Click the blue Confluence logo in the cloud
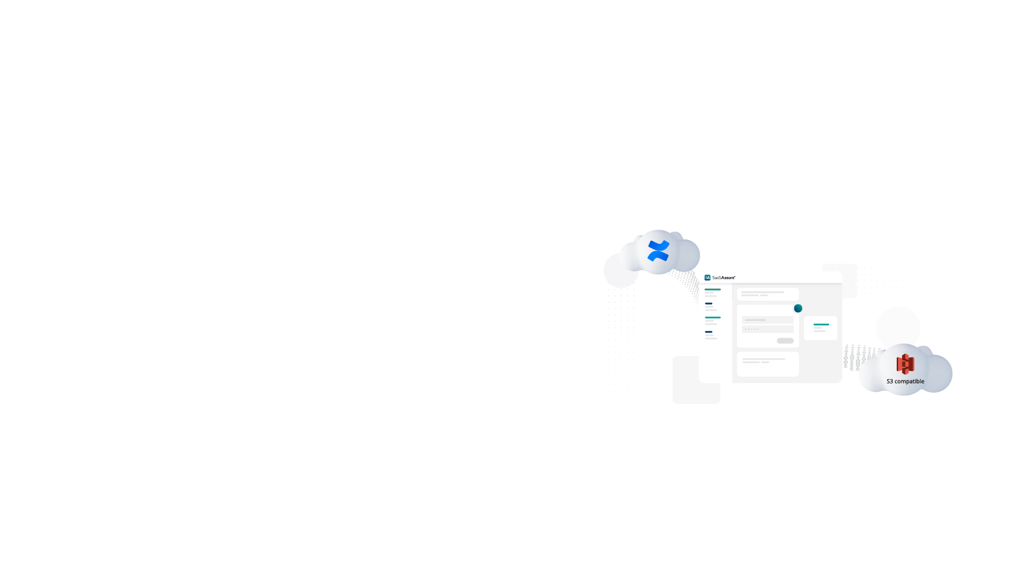click(659, 251)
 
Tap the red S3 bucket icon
click(905, 364)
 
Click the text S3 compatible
click(905, 382)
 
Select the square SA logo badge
click(708, 278)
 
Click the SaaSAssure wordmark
click(724, 278)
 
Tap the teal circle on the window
click(798, 308)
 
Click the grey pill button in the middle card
click(785, 341)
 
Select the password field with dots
click(768, 329)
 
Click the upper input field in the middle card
click(768, 320)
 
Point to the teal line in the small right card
click(821, 325)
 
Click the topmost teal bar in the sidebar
click(712, 290)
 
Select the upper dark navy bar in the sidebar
click(709, 303)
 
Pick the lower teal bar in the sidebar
click(712, 318)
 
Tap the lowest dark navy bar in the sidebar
click(709, 332)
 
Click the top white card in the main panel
click(768, 294)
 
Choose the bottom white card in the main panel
click(768, 364)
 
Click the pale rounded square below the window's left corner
click(697, 380)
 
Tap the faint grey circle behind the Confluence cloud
click(621, 270)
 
